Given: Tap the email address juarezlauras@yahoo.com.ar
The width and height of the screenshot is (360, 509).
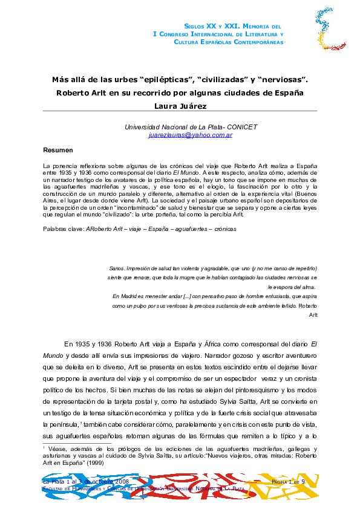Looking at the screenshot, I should (191, 135).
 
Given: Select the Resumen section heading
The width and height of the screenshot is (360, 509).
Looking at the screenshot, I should (58, 150).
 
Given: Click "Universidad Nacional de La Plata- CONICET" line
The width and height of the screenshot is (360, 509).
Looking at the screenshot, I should (191, 127).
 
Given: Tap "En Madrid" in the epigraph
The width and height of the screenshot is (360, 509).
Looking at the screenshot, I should (126, 296).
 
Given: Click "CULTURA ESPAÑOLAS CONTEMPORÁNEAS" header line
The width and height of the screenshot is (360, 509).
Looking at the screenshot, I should (229, 43).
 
